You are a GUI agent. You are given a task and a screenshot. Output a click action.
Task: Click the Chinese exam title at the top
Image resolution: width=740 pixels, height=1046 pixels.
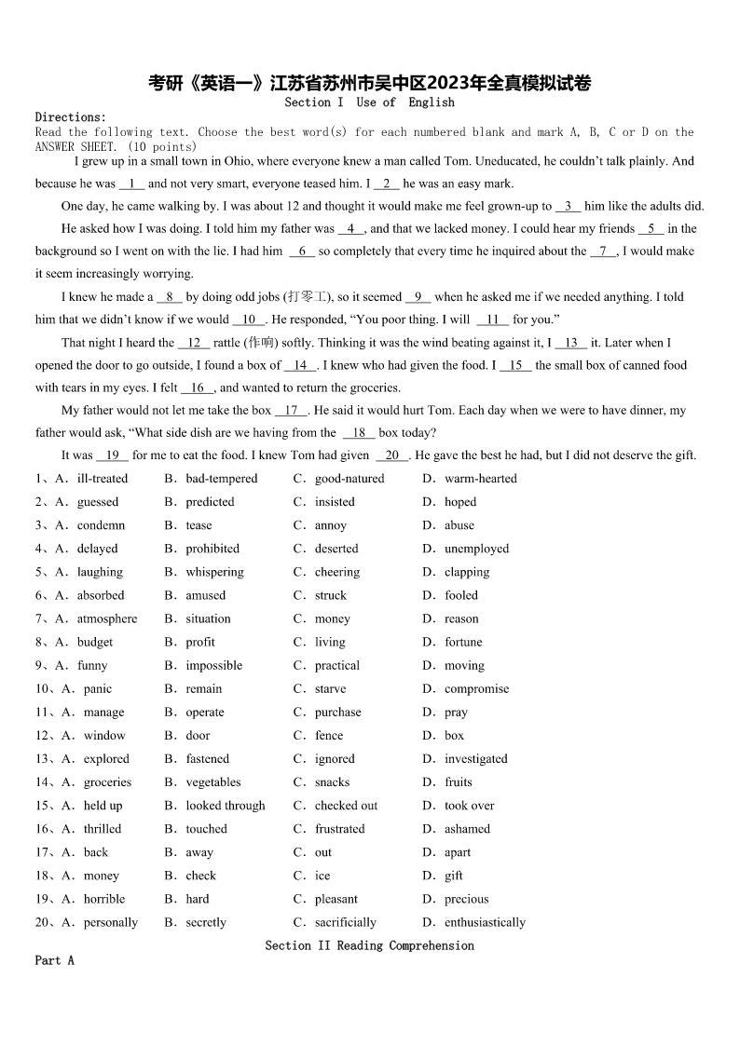coord(370,83)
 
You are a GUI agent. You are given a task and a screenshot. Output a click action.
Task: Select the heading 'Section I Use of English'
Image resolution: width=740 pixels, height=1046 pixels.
coord(370,102)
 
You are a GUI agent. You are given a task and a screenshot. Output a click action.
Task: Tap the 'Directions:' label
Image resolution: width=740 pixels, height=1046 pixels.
coord(71,116)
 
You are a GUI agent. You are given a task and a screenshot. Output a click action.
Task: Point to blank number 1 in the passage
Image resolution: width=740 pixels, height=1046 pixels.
coord(131,184)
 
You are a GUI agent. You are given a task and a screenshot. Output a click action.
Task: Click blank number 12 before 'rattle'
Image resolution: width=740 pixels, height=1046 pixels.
coord(194,343)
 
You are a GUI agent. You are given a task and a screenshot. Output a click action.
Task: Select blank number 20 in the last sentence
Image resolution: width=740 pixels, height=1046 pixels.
coord(391,455)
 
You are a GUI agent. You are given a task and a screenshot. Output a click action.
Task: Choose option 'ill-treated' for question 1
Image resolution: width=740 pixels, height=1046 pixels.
coord(103,479)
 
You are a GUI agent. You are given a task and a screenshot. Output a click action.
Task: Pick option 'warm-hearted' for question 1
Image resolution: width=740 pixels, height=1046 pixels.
coord(480,479)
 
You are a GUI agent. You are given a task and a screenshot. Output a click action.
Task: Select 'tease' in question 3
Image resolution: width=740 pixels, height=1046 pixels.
coord(199,525)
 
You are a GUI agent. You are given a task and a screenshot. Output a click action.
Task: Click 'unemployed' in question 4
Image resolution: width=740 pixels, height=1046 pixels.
coord(476,549)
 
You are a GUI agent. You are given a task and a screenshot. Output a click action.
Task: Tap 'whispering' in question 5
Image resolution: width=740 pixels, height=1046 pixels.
coord(214,572)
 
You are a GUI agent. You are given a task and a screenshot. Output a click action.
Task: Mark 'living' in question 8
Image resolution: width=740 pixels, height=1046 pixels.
coord(330,642)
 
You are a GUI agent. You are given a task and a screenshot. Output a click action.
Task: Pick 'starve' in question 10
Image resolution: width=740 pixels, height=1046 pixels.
coord(330,689)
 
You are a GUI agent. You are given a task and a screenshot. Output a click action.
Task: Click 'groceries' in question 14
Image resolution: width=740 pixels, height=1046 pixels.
coord(107,782)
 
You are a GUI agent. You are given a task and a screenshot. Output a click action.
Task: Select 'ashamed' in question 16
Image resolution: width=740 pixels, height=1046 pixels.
coord(467,829)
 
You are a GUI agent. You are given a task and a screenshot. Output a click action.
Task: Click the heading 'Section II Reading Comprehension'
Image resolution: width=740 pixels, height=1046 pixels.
coord(369,945)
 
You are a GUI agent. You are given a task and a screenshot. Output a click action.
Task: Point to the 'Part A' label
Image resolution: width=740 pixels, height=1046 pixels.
coord(54,960)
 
